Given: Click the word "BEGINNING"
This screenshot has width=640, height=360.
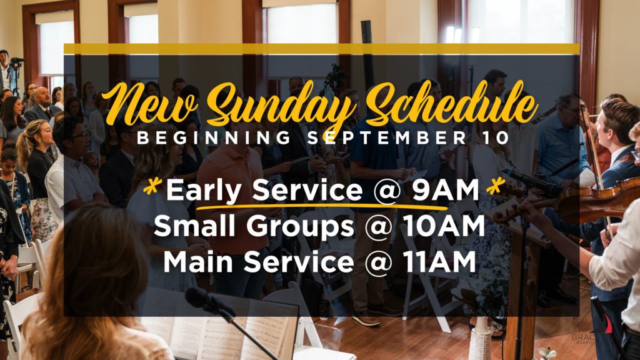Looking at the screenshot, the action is click(x=214, y=138).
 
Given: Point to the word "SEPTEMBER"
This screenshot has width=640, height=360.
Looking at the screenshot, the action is click(x=387, y=138).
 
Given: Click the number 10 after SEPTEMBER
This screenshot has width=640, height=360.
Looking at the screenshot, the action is click(x=496, y=138).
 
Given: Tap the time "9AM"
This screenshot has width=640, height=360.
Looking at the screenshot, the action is click(x=445, y=190).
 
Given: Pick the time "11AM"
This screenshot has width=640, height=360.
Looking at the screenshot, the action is click(x=439, y=262).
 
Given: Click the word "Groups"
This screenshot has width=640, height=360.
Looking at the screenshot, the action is click(x=300, y=227).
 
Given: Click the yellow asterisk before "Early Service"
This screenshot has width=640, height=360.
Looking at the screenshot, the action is click(x=152, y=187).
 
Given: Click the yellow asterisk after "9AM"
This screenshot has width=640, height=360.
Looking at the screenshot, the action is click(x=495, y=187).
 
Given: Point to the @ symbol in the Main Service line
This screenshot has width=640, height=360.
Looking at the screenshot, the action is click(x=378, y=263).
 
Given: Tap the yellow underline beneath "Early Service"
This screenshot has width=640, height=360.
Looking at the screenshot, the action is click(x=322, y=207).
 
